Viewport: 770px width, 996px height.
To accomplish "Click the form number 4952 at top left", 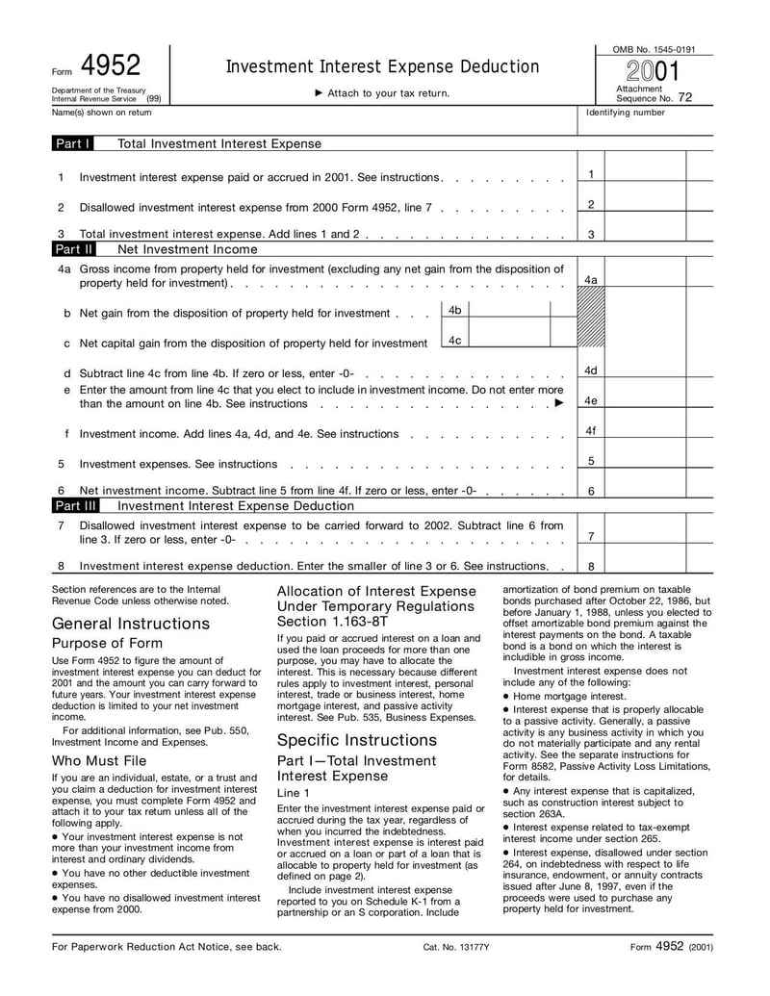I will [x=111, y=65].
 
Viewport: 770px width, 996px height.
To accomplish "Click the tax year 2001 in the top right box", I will [x=654, y=72].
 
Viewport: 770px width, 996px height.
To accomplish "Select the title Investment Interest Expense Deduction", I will [x=382, y=66].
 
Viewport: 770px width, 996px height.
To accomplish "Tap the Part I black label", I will [x=73, y=144].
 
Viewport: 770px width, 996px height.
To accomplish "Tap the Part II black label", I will [x=74, y=249].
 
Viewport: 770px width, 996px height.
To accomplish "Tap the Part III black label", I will [x=76, y=505].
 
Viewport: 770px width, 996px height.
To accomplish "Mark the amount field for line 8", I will [x=645, y=566].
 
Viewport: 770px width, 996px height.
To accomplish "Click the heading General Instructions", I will [x=131, y=624].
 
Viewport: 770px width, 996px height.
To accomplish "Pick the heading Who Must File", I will [x=99, y=761].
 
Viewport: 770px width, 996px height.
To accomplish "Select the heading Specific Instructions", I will [x=357, y=740].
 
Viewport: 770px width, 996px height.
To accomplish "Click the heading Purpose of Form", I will [x=107, y=644].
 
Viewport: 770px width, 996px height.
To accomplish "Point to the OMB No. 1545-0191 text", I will [x=654, y=49].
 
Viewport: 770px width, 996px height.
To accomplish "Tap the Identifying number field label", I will [x=626, y=113].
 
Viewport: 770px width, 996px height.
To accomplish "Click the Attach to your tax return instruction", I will [x=382, y=93].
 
